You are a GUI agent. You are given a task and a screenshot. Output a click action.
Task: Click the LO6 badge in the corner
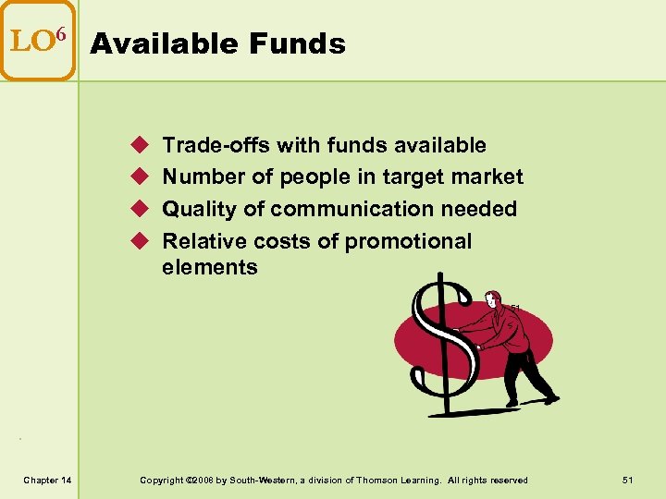[x=38, y=42]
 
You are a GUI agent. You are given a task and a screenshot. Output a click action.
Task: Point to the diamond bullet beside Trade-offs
[x=140, y=145]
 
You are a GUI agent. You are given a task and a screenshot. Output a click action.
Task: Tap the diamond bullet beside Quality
[x=140, y=209]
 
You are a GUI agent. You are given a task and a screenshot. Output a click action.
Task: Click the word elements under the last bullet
[x=210, y=267]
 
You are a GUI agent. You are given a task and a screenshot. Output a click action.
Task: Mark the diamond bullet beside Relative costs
[x=140, y=241]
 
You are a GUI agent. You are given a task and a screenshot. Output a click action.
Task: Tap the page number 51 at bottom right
[x=628, y=480]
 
